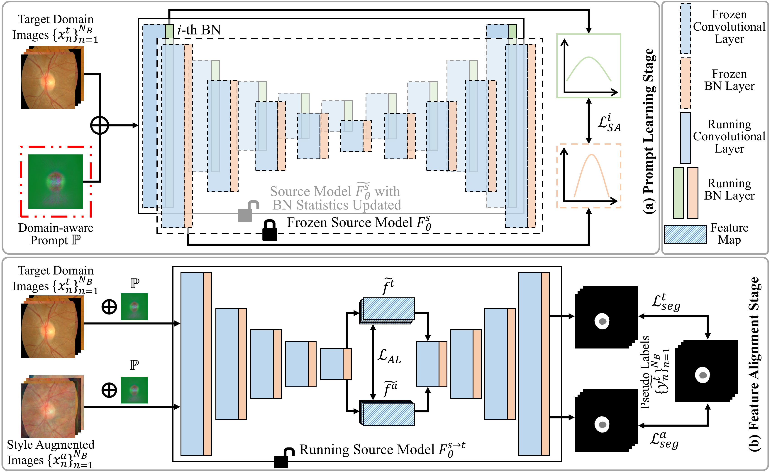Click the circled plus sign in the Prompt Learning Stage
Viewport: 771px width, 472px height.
(100, 125)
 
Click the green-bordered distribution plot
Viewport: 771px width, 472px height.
(589, 66)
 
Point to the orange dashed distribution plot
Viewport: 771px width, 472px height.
(589, 176)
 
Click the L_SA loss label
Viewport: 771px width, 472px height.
(609, 123)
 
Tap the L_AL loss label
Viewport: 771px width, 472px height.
(389, 356)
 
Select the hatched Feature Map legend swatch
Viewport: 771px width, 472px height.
(685, 234)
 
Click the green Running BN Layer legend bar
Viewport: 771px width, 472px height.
(678, 193)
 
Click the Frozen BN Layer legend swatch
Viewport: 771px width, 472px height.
(686, 83)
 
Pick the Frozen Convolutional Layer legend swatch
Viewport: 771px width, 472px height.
(686, 29)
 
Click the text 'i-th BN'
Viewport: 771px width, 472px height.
(199, 30)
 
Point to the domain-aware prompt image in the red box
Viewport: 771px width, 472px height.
(55, 181)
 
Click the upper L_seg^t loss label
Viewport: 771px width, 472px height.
(666, 302)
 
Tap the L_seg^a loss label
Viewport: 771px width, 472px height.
(664, 440)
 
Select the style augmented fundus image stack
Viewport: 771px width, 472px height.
(52, 406)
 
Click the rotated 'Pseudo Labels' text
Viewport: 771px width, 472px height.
(645, 372)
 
